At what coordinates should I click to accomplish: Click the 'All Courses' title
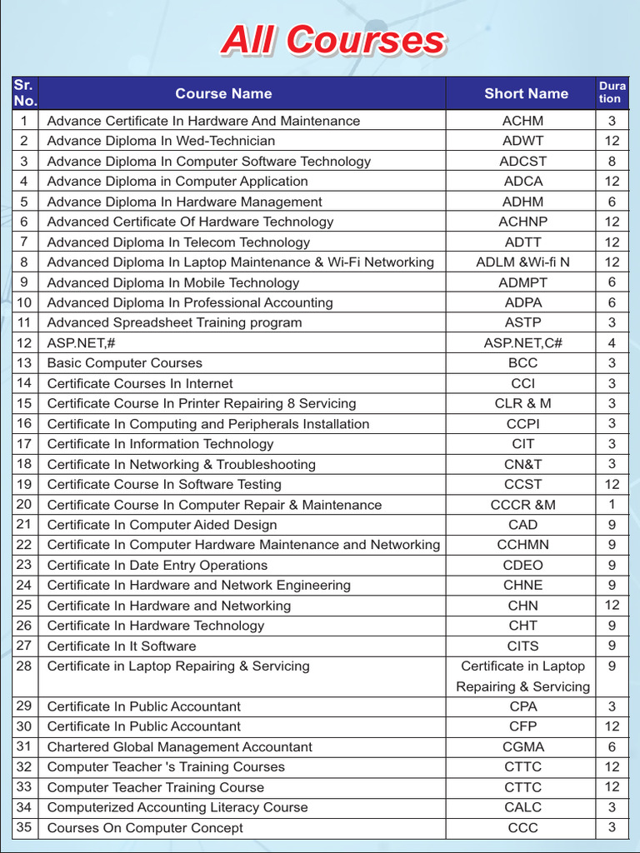click(332, 41)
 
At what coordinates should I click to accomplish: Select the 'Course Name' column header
click(223, 94)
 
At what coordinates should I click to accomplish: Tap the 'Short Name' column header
click(526, 94)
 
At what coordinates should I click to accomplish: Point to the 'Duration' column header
click(612, 92)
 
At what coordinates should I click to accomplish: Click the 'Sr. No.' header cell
click(25, 93)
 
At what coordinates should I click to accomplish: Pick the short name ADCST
click(523, 162)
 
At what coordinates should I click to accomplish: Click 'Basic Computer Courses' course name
click(125, 363)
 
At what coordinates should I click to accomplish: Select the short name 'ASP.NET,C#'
click(523, 343)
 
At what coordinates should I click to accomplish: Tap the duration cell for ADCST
click(612, 162)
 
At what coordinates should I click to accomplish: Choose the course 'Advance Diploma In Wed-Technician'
click(161, 141)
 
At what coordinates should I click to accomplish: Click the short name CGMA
click(523, 747)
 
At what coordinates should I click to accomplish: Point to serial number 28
click(24, 666)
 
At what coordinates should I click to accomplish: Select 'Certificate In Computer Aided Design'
click(162, 525)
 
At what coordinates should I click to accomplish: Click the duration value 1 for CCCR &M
click(612, 505)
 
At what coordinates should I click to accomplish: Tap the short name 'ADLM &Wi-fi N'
click(523, 262)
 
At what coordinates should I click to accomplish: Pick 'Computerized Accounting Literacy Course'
click(177, 807)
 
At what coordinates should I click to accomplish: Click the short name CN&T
click(523, 464)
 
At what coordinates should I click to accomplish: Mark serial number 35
click(24, 827)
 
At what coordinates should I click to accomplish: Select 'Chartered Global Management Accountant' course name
click(180, 747)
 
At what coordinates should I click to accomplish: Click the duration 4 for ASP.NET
click(612, 343)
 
